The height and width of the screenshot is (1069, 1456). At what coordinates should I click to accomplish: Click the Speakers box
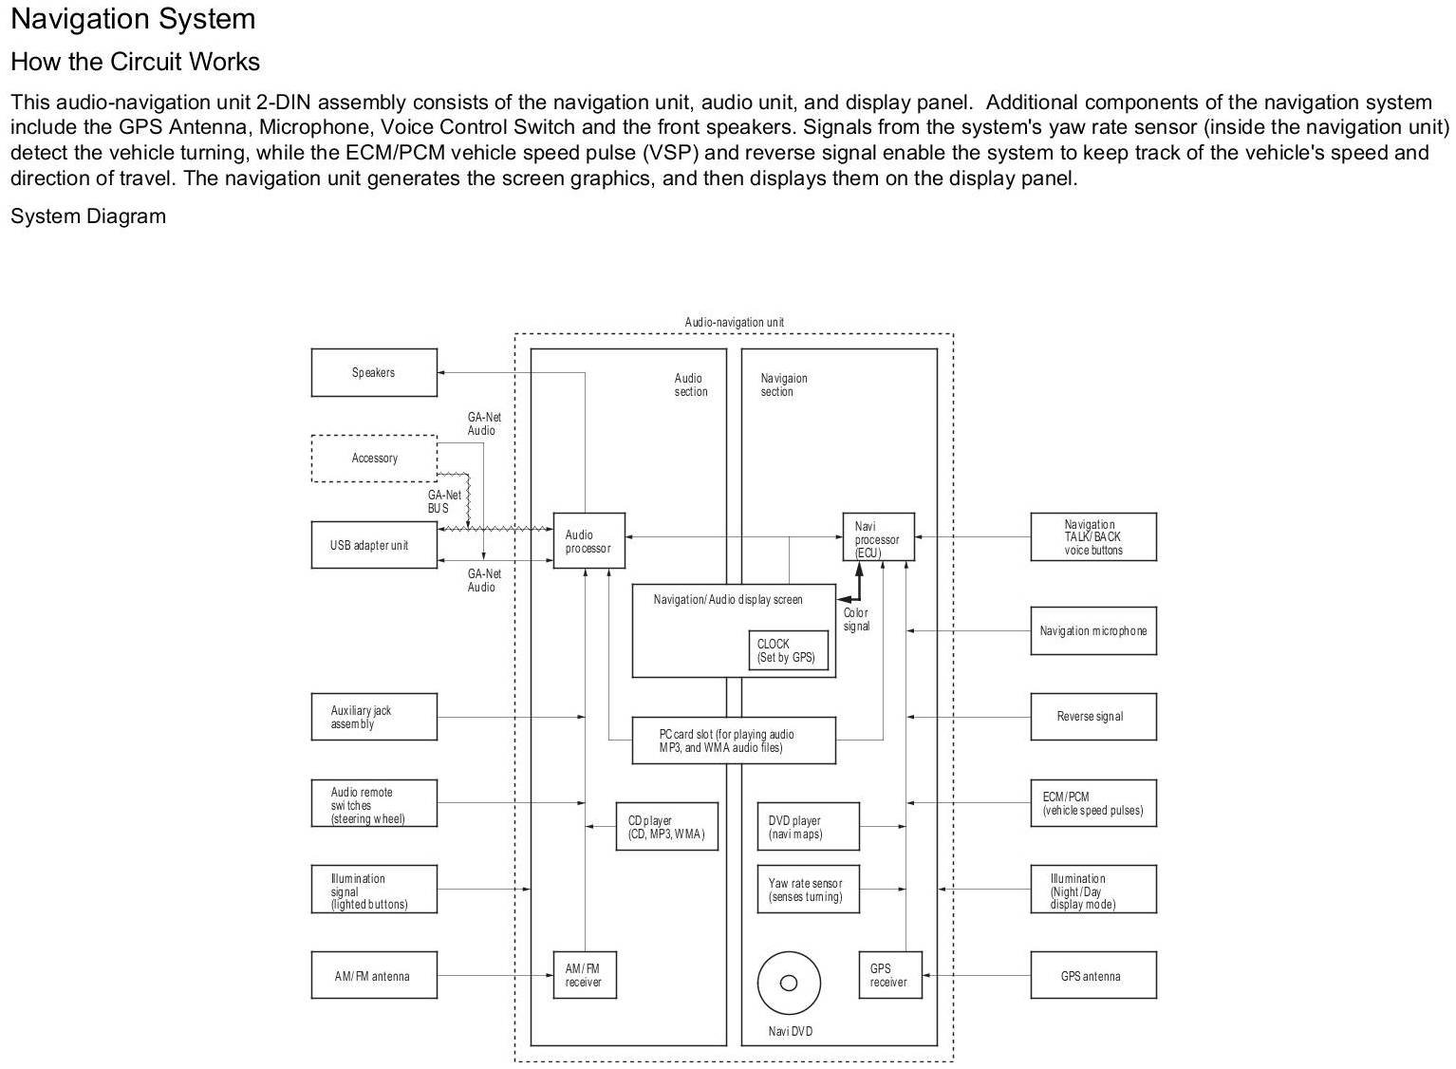tap(374, 372)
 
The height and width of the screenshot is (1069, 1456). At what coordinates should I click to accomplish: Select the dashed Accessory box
tap(374, 459)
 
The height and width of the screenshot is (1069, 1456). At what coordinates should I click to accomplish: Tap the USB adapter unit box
tap(374, 545)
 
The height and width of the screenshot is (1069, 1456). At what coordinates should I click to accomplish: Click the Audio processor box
tap(588, 541)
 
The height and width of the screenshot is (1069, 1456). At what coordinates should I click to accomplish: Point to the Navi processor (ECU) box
tap(878, 538)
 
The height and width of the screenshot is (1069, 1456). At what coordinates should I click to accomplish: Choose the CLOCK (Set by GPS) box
tap(786, 650)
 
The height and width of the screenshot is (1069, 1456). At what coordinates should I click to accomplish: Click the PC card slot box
tap(734, 741)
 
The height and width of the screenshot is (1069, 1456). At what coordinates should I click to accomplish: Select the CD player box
tap(666, 827)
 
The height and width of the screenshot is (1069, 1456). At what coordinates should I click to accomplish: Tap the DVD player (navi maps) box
tap(808, 827)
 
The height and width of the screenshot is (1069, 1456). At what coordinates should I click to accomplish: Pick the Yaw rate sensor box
tap(808, 890)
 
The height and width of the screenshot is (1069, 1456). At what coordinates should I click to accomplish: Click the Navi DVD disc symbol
tap(788, 983)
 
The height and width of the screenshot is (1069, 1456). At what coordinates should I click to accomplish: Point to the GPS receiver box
tap(889, 975)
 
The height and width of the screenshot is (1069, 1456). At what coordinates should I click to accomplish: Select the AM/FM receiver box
tap(584, 975)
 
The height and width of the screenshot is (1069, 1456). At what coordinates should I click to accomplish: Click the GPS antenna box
tap(1092, 975)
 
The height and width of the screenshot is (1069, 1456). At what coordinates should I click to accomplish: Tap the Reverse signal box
tap(1092, 716)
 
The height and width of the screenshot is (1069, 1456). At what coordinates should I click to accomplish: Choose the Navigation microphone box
tap(1092, 630)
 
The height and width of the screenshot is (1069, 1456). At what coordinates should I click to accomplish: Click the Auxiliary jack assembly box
tap(374, 717)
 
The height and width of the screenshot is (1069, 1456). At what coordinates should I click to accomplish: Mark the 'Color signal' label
tap(856, 620)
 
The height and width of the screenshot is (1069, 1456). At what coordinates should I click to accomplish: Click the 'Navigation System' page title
tap(133, 19)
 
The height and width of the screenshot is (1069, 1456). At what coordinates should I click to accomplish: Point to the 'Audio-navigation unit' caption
tap(734, 323)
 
